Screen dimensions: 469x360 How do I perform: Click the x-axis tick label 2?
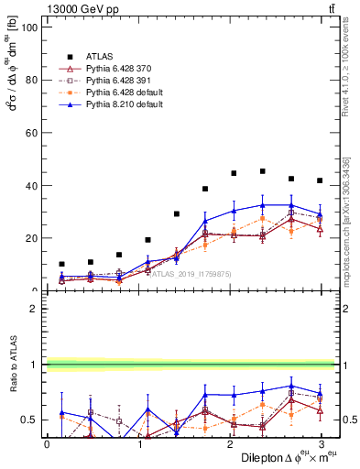(229, 444)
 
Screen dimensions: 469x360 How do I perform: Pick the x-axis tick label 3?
(320, 444)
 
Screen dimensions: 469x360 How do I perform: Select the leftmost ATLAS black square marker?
(61, 264)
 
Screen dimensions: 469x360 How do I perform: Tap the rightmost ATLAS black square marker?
(319, 180)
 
